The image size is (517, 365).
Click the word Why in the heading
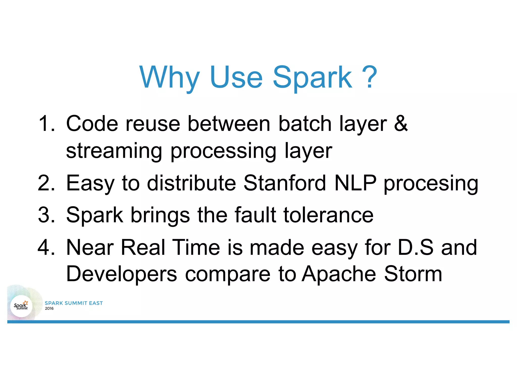tap(169, 78)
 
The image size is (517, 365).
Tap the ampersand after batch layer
tap(401, 123)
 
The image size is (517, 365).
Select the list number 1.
tap(46, 123)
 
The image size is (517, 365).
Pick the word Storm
tap(413, 274)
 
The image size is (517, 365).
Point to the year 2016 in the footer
tap(49, 308)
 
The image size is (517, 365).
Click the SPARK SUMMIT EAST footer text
tap(74, 303)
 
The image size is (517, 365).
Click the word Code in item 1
tap(92, 123)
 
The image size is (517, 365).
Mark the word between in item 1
tap(229, 123)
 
